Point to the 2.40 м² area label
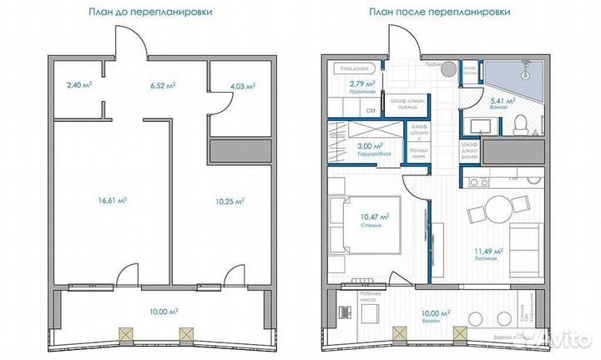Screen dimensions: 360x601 pos(78,84)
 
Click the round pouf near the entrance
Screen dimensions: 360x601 pos(447,68)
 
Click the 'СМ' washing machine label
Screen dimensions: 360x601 pos(371,109)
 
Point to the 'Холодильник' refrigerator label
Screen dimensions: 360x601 pos(417,153)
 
